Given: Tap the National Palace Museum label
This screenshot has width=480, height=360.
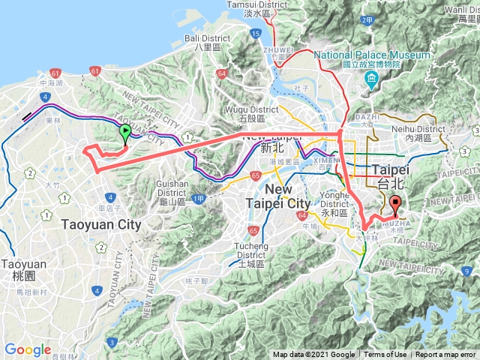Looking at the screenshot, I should (x=372, y=55).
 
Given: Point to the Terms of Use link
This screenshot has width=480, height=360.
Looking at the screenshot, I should (x=385, y=355).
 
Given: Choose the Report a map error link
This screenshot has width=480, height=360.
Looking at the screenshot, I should (x=446, y=355).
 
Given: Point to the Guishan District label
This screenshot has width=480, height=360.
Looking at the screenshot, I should (x=178, y=184).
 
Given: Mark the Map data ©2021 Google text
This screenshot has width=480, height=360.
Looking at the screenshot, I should (x=313, y=355).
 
